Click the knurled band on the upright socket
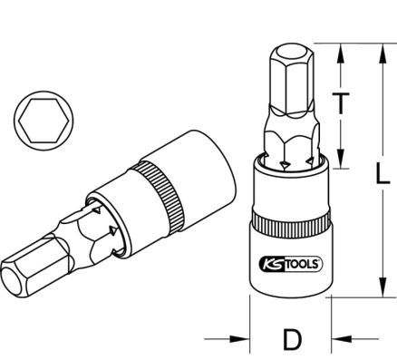(x=290, y=225)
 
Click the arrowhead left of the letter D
(x=244, y=340)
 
